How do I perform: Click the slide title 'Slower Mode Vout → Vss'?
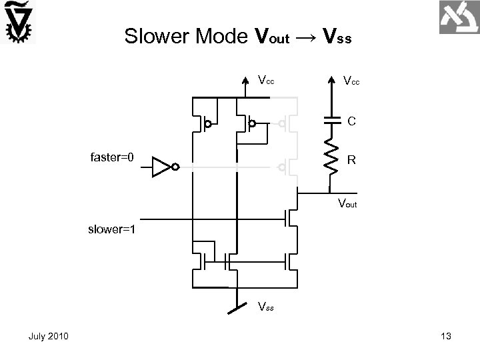pos(237,36)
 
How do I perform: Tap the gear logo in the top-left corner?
pos(18,23)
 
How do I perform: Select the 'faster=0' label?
pos(112,158)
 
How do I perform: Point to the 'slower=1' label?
pos(112,230)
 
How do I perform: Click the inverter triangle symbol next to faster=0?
pos(162,167)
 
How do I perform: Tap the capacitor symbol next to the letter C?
pos(332,121)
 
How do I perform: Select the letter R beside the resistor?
pos(351,160)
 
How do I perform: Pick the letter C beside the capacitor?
pos(351,121)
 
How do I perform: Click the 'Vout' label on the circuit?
pos(347,204)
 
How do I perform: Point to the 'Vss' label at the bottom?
pos(265,307)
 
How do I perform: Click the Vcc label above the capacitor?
pos(351,81)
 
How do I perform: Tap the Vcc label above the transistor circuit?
pos(265,81)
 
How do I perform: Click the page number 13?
pos(446,337)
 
